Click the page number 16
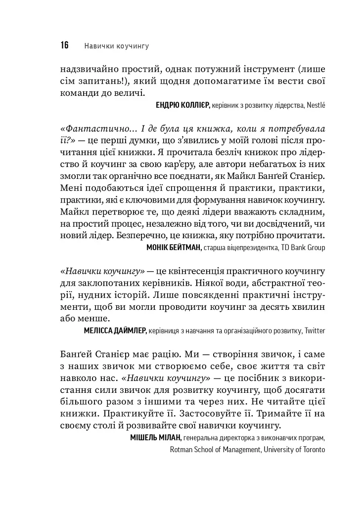[64, 46]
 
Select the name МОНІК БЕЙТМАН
[174, 248]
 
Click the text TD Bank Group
[303, 248]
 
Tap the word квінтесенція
[190, 271]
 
